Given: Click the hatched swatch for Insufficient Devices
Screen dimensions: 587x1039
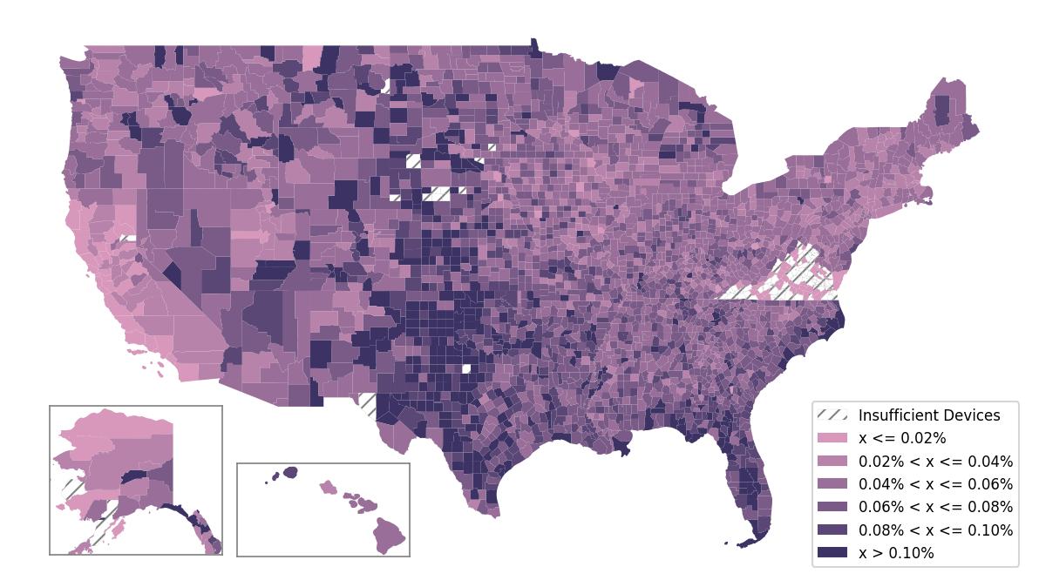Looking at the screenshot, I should [832, 415].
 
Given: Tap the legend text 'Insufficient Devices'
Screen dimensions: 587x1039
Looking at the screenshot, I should [929, 415].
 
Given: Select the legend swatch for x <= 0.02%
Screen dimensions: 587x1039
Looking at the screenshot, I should [832, 438].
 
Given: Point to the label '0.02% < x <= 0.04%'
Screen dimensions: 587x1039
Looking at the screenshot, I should [935, 462].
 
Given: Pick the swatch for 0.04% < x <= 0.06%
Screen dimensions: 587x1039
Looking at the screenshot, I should [832, 484].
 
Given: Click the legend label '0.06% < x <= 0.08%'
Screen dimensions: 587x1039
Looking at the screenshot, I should [935, 507].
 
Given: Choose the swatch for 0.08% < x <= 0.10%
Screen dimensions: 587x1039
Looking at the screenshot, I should [832, 530].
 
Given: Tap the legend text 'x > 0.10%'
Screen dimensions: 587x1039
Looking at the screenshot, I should [896, 553].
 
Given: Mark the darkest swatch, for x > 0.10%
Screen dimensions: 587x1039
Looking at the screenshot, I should [832, 553].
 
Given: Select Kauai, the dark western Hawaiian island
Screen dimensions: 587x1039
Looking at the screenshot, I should [289, 472].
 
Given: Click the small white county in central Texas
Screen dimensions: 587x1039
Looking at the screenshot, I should [466, 368].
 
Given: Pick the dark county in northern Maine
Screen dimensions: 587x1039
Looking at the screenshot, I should [941, 109].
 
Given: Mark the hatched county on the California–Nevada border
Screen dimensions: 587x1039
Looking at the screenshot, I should [127, 238].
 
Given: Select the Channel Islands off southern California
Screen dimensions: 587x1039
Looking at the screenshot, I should [139, 354].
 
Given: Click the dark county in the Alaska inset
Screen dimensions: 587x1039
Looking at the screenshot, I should [135, 476].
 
